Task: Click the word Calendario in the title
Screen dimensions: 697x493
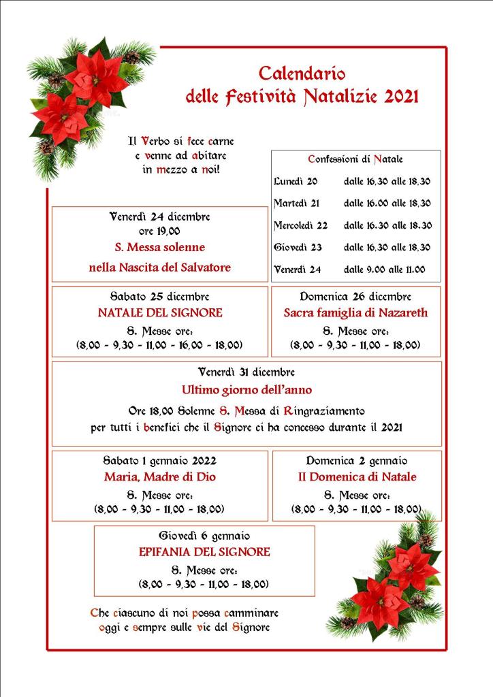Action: point(302,73)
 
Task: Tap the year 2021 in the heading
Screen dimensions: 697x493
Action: point(401,97)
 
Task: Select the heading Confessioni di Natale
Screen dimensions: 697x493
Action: point(355,159)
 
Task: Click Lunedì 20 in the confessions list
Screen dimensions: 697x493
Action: point(296,182)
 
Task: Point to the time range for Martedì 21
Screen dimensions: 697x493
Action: point(387,204)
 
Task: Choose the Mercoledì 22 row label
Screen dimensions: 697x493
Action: point(300,225)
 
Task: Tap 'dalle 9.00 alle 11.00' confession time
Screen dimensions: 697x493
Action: point(384,270)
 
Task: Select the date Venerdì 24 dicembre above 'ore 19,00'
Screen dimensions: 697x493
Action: point(160,217)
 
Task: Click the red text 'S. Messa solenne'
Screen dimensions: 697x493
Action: point(159,247)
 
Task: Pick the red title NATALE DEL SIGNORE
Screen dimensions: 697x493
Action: point(160,313)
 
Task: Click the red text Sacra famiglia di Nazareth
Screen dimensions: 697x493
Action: point(355,313)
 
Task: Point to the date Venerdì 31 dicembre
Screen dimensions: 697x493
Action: point(246,372)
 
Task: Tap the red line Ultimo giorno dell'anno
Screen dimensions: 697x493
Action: point(246,390)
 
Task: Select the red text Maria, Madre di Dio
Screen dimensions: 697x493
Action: point(160,477)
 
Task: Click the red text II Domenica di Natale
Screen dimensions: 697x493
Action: point(357,477)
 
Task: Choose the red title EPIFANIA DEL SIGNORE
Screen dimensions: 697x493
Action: point(204,552)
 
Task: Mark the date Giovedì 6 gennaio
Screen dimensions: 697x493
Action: point(204,536)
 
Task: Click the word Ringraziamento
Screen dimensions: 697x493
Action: point(324,411)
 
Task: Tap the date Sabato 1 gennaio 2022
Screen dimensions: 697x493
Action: point(160,461)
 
